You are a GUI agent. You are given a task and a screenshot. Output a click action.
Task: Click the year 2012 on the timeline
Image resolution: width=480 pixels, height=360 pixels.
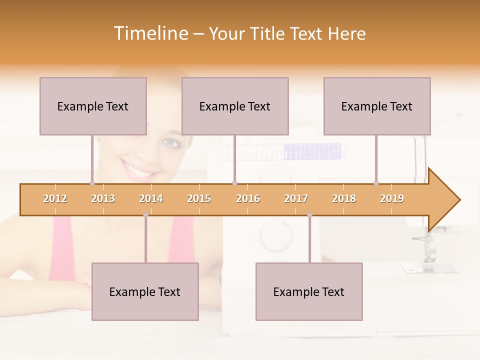[x=55, y=198]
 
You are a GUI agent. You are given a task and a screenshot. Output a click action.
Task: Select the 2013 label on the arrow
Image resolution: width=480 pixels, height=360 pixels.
[x=103, y=198]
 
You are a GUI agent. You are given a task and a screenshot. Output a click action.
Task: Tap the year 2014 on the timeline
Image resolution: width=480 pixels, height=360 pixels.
[x=151, y=198]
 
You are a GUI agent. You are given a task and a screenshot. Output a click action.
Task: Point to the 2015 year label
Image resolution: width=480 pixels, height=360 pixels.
[x=199, y=198]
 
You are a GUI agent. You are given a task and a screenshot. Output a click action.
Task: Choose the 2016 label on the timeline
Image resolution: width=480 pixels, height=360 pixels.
[x=248, y=198]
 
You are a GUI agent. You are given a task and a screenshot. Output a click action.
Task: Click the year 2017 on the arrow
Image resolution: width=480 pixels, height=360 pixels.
[x=296, y=198]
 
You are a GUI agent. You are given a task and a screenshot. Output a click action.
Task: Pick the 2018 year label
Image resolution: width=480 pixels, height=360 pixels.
[x=344, y=198]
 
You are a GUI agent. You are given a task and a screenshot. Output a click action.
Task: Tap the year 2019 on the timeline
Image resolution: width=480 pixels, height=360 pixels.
[x=392, y=198]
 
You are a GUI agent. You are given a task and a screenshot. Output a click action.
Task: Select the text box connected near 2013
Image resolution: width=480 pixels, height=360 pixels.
[x=93, y=106]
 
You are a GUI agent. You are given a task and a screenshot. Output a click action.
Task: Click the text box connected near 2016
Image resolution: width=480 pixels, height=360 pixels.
[x=235, y=106]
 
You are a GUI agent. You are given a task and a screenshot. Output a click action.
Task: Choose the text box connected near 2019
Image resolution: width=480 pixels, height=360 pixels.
[x=377, y=106]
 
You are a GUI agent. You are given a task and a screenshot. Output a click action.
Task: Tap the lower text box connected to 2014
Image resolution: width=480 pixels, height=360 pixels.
[x=145, y=291]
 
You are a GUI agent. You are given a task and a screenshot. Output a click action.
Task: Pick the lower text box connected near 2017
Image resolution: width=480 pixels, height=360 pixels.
[x=309, y=291]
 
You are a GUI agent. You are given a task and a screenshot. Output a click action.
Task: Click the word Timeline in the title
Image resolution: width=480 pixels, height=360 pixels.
[x=150, y=33]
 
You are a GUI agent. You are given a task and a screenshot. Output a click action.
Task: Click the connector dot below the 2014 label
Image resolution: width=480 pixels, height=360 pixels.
[x=145, y=215]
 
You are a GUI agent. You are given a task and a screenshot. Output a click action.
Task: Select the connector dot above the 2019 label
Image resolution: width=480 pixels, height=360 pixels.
[x=376, y=183]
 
